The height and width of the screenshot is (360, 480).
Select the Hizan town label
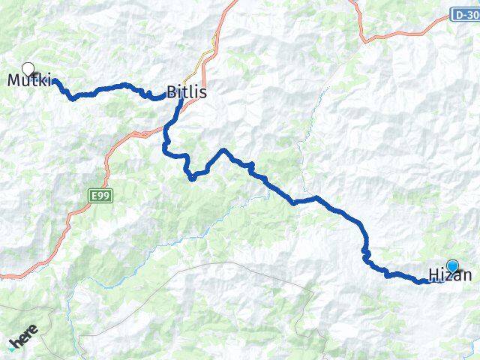coord(450,274)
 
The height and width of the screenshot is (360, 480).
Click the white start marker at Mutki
coord(28,69)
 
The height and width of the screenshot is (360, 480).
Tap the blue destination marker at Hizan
coord(452,265)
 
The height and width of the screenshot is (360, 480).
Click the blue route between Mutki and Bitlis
coord(112,88)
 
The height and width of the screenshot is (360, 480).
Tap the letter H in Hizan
coord(433,274)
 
